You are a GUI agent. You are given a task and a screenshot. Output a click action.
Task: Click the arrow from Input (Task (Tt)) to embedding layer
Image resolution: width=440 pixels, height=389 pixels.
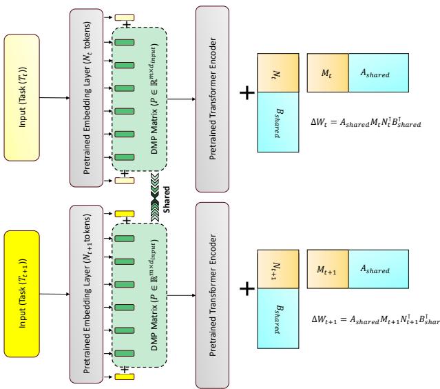(x=56, y=97)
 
